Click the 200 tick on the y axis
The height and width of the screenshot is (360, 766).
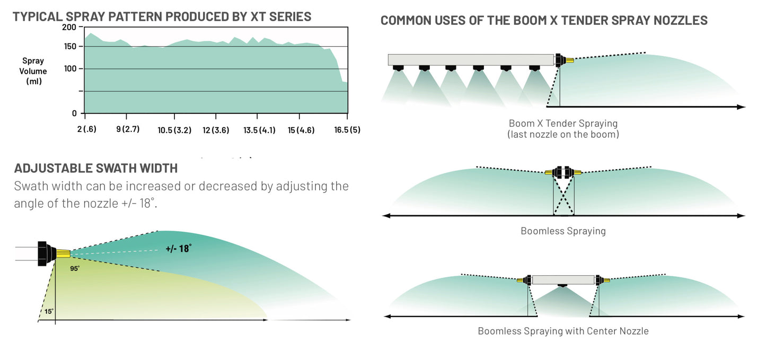[69, 28]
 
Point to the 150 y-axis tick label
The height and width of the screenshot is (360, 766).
[69, 47]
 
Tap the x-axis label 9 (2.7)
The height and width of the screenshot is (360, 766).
[128, 129]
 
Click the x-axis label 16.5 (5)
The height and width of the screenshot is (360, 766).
[347, 130]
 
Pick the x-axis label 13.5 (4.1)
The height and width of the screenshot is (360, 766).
[259, 130]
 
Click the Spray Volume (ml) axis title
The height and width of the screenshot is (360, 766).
[33, 71]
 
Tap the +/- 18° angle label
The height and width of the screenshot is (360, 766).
[178, 248]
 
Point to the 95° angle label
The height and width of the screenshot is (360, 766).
[75, 269]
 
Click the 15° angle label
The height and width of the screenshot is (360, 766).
[49, 311]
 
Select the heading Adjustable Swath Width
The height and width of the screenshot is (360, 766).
[96, 169]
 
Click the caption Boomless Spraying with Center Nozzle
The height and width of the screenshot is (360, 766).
[563, 331]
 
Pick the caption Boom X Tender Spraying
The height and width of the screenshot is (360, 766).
[563, 124]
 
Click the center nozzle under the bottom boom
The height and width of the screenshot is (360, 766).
[562, 287]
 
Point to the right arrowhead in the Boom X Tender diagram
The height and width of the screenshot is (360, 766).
[742, 107]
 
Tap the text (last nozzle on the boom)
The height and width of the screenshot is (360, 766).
[563, 135]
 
